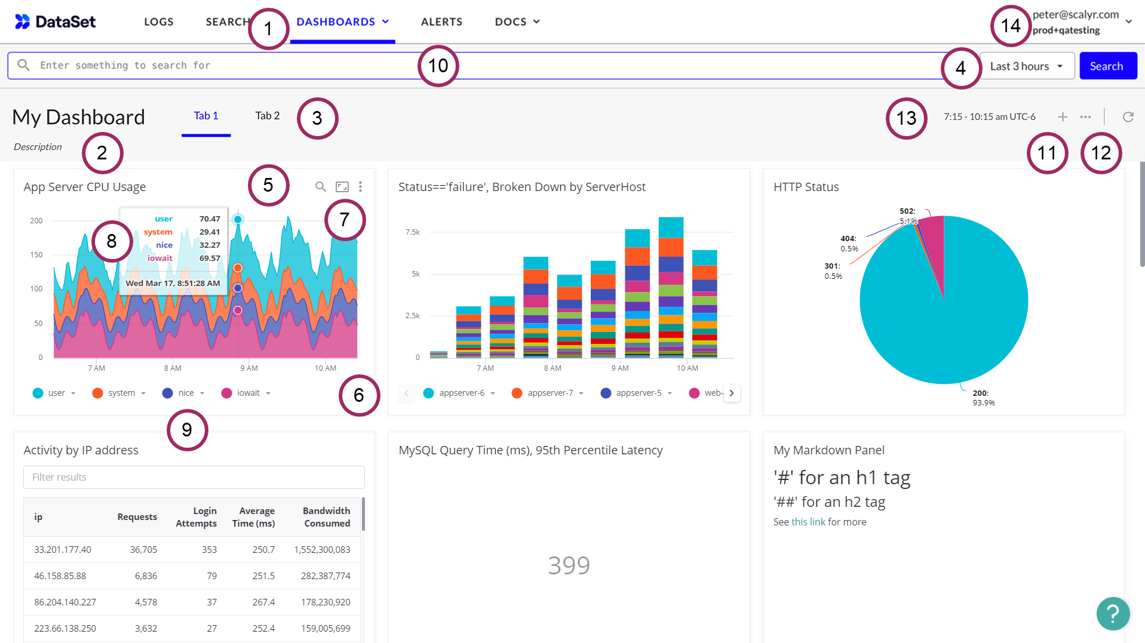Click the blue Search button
click(1107, 66)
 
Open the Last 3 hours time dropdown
click(1026, 66)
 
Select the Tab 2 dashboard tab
click(267, 116)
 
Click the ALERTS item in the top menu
click(441, 22)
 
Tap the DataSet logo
click(55, 22)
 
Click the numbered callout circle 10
click(438, 66)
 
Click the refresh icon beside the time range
click(1128, 117)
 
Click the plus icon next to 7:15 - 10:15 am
click(1062, 117)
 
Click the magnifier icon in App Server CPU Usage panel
click(321, 187)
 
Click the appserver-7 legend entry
click(548, 393)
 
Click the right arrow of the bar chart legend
click(731, 393)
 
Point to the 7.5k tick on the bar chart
click(413, 232)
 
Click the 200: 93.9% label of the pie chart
click(983, 398)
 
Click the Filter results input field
click(194, 477)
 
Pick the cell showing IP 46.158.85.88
click(60, 576)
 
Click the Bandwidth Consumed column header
click(326, 517)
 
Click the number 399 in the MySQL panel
click(569, 565)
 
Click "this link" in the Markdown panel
click(808, 522)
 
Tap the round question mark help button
click(1112, 613)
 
